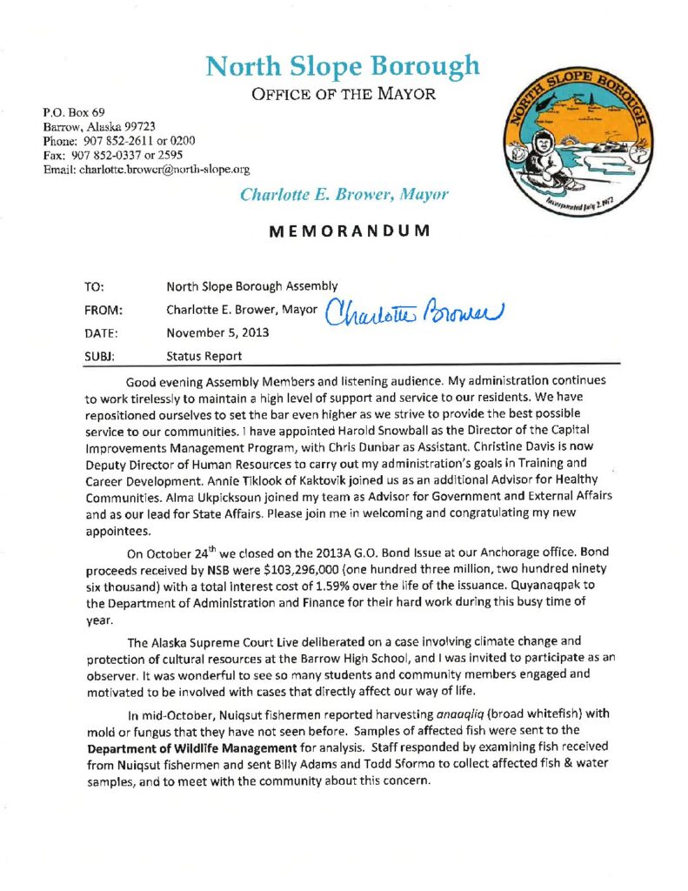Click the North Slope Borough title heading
pyautogui.click(x=342, y=65)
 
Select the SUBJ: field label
pyautogui.click(x=103, y=356)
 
